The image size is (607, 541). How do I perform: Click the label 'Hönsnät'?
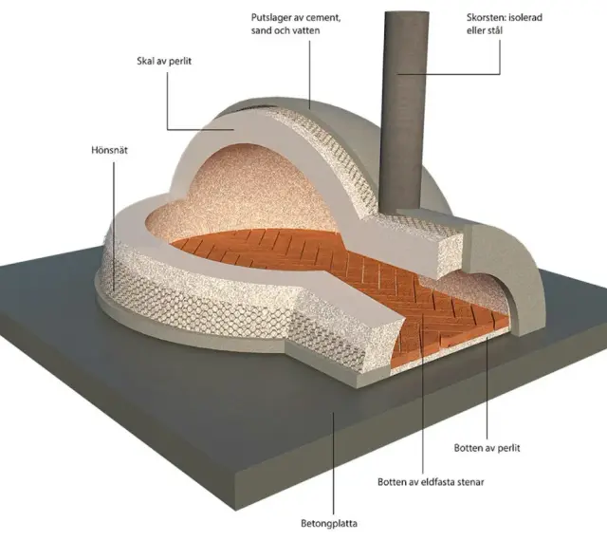[109, 150]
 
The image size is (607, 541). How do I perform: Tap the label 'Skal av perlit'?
[164, 62]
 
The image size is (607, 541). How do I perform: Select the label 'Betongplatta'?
[329, 524]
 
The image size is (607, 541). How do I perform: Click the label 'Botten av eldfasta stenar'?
[431, 482]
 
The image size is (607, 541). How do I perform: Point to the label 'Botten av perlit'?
[487, 448]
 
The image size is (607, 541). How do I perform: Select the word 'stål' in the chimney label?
[494, 30]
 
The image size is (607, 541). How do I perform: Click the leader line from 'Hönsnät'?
[114, 226]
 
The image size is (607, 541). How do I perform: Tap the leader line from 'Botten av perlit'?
[487, 388]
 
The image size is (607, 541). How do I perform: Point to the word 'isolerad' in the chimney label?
[524, 17]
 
